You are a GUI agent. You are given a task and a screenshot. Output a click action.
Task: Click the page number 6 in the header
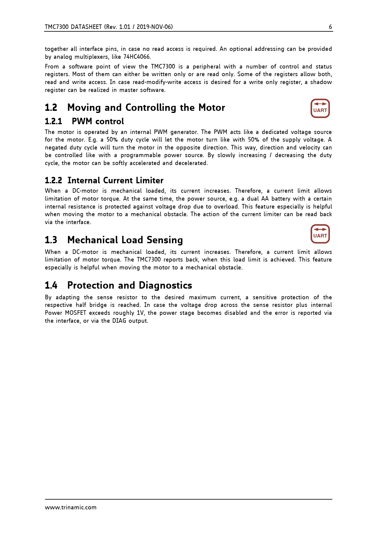tap(330, 27)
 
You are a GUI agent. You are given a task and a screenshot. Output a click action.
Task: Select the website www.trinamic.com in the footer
tap(71, 507)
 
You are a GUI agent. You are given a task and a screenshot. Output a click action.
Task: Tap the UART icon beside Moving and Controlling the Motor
tap(320, 108)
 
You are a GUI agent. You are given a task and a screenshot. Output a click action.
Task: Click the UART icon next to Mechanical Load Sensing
tap(320, 234)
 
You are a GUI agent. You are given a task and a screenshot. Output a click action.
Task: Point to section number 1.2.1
tap(54, 121)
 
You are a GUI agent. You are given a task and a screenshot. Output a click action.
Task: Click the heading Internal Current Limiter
tap(115, 181)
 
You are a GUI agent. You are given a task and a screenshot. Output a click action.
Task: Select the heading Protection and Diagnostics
tap(130, 285)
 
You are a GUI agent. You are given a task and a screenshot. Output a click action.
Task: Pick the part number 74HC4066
tap(137, 57)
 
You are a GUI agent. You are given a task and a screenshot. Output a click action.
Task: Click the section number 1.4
tap(51, 285)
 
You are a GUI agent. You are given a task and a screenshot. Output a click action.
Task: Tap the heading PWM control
tap(98, 121)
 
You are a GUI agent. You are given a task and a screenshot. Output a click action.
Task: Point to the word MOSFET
tap(75, 313)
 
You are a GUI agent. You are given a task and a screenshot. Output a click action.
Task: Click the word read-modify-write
tap(167, 82)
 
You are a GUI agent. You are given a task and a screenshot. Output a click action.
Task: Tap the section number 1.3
tap(51, 240)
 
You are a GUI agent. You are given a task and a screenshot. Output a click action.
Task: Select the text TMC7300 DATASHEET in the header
tap(73, 27)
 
